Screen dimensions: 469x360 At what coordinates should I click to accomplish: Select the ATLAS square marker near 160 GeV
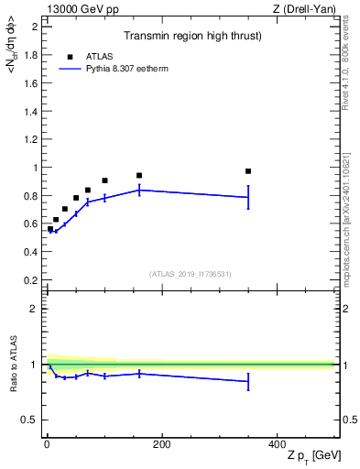(x=139, y=175)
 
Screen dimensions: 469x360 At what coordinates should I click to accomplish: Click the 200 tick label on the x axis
(x=161, y=444)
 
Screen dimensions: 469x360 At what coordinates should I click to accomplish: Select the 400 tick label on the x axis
(x=276, y=444)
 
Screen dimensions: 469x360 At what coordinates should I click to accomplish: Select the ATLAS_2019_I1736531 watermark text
(x=191, y=273)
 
